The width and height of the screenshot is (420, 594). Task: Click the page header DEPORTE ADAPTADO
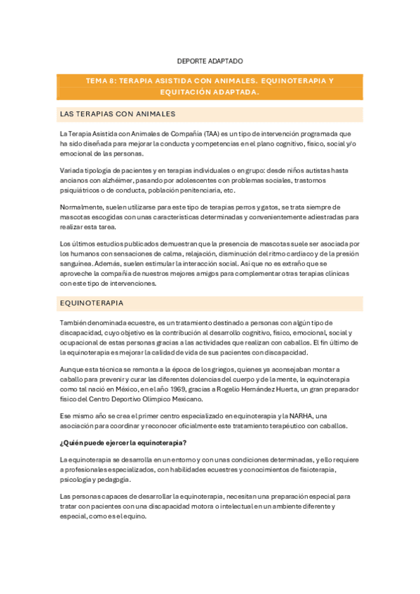click(209, 61)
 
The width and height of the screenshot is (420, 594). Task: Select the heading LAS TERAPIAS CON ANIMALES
click(118, 113)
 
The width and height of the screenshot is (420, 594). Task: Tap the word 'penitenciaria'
click(196, 191)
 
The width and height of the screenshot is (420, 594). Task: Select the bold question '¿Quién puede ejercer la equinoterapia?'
click(123, 442)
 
